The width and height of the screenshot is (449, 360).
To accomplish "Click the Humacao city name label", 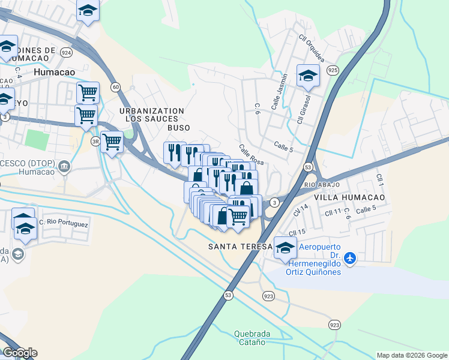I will click(x=55, y=72).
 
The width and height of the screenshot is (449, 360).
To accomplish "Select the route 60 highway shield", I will click(x=115, y=88).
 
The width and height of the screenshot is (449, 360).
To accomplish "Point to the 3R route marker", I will click(x=95, y=142).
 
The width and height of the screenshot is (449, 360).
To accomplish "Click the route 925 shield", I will click(x=332, y=70).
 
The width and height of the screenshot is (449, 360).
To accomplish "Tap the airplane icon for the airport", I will click(x=351, y=258).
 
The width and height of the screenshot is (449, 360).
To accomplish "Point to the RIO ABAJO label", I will click(x=322, y=185).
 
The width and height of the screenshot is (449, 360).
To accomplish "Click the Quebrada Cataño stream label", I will click(x=251, y=338).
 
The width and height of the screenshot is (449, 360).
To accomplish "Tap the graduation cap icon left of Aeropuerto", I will click(x=285, y=247).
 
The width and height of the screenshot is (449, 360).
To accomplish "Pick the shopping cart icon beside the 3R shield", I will click(x=112, y=142).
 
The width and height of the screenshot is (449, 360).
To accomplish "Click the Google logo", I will click(x=19, y=353).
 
